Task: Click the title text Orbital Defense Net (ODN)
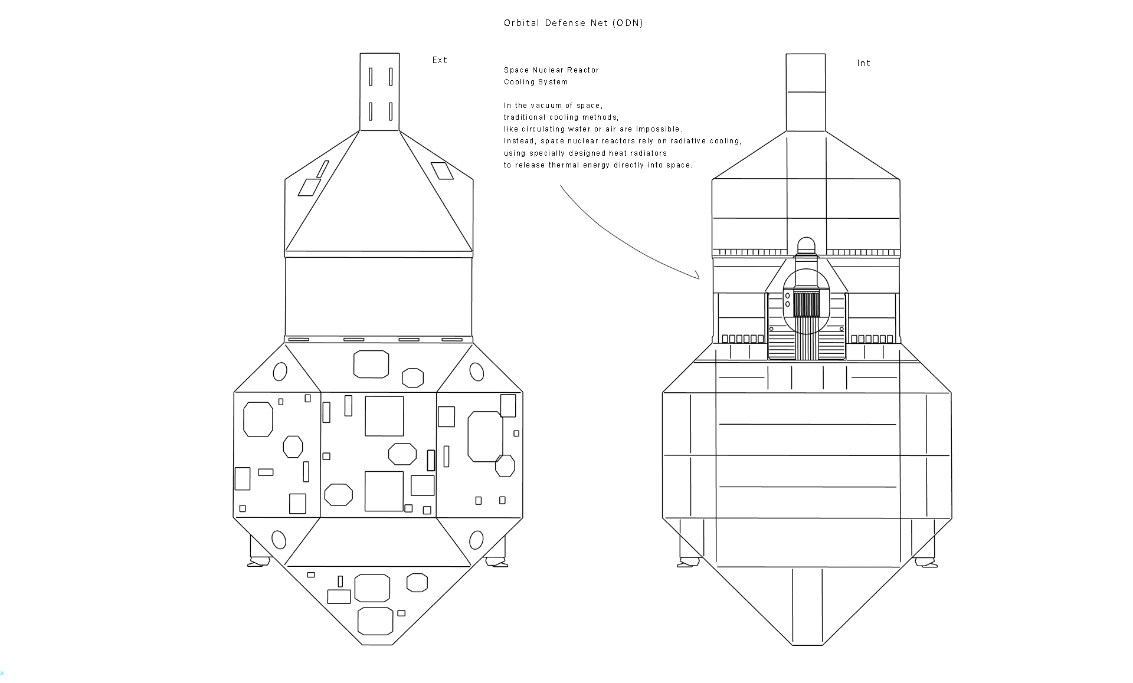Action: coord(573,23)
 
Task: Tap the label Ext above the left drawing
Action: coord(440,60)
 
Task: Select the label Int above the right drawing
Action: coord(863,63)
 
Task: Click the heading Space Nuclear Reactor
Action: coord(551,70)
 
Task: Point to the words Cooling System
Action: coord(536,82)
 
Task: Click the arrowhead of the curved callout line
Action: coord(698,276)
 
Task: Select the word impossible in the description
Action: coord(658,129)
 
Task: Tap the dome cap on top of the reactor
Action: coord(806,245)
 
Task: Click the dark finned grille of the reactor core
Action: coord(806,304)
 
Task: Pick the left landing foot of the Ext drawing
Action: coord(258,561)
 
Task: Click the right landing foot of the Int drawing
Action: coord(925,562)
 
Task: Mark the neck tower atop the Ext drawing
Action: coord(379,91)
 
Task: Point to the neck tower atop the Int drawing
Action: coord(805,91)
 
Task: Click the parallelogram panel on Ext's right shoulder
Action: coord(442,170)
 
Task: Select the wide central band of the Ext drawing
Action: coord(378,297)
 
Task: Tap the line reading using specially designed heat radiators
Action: coord(585,153)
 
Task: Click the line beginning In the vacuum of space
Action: coord(553,106)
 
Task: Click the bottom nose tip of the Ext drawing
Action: coord(377,643)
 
